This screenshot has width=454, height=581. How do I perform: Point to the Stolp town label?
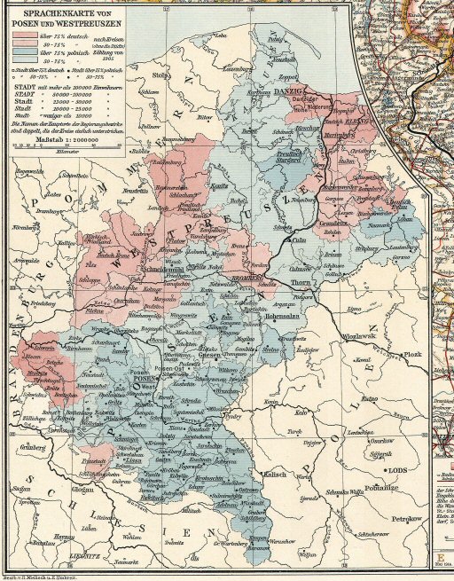tap(160, 77)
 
